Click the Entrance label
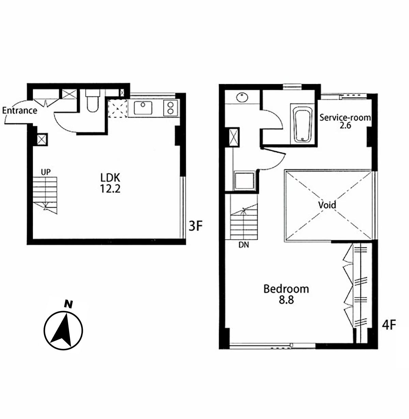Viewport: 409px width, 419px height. point(20,110)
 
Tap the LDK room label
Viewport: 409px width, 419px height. point(110,178)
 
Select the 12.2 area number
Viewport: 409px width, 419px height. point(110,189)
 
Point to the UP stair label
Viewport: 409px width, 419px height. point(46,172)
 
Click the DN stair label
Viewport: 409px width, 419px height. point(244,245)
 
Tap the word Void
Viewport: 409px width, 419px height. point(327,205)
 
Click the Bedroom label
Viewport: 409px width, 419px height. point(286,289)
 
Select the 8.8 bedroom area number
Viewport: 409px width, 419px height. point(286,300)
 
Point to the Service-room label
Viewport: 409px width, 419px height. point(345,118)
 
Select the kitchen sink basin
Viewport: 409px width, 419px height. point(143,108)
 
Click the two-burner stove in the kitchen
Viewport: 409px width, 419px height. point(170,108)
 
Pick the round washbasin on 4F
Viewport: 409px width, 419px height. point(243,97)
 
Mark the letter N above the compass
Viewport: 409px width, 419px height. point(68,304)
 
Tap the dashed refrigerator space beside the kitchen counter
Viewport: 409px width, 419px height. point(118,108)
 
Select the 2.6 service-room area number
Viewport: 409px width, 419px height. point(345,125)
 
